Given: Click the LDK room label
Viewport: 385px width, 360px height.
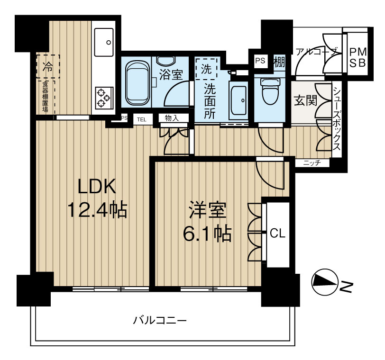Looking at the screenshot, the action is click(97, 187).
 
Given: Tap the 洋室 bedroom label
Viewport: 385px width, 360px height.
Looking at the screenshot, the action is click(208, 210).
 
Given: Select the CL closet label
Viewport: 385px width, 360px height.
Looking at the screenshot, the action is click(278, 234).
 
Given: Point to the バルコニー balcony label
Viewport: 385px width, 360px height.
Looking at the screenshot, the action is click(160, 321).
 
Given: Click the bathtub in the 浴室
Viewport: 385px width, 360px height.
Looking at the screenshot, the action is click(137, 82).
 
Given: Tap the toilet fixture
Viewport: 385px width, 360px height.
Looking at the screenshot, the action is click(270, 91).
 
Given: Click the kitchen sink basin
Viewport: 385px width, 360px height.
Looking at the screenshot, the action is click(104, 42).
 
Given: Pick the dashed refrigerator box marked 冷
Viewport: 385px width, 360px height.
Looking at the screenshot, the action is click(48, 66).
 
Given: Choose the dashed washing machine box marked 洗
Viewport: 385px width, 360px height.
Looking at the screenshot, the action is click(206, 69).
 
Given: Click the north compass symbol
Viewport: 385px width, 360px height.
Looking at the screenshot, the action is click(325, 284).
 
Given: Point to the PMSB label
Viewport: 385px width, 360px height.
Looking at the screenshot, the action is click(358, 58).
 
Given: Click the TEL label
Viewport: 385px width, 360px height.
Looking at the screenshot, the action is click(142, 120).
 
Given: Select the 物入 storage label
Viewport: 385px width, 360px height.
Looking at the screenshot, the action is click(172, 118).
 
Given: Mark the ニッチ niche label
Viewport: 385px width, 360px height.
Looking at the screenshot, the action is click(312, 163).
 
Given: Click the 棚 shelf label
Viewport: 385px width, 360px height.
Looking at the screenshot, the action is click(279, 62).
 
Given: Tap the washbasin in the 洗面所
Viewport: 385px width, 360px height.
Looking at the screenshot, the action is click(238, 100).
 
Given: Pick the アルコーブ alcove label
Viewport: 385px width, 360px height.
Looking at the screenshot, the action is click(315, 52).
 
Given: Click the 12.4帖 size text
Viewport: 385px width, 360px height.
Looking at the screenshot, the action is click(97, 210).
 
